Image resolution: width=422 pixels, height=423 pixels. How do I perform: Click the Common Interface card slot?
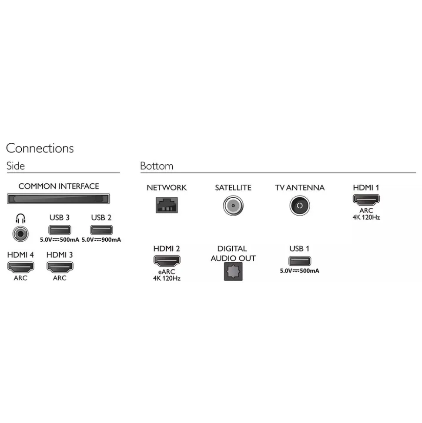click(58, 199)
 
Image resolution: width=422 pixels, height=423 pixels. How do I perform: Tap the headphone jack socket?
click(20, 233)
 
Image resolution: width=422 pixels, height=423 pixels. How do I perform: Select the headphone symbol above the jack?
click(20, 218)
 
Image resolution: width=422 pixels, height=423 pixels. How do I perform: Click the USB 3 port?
click(60, 230)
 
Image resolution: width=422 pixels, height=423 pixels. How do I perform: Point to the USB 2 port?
click(101, 230)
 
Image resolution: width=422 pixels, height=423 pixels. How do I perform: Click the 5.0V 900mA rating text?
click(101, 240)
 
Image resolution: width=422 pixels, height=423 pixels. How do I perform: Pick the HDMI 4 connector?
click(20, 267)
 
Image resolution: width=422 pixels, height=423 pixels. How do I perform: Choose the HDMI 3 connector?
click(60, 267)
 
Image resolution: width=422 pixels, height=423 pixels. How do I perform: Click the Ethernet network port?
click(167, 205)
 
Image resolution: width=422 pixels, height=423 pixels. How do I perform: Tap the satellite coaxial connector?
click(233, 206)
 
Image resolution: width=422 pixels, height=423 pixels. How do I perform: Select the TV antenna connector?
click(300, 206)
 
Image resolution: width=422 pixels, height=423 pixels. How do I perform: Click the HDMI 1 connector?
click(366, 200)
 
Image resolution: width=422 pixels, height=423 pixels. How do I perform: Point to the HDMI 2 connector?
click(167, 261)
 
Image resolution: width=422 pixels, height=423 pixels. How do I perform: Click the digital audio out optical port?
click(233, 271)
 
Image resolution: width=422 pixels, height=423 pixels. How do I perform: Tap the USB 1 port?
click(300, 261)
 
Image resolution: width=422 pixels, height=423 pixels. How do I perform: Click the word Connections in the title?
click(40, 148)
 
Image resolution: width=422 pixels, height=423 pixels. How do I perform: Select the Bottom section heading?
click(157, 166)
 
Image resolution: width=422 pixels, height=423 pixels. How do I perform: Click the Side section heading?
click(16, 166)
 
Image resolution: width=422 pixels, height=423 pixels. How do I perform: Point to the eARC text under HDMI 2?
click(167, 272)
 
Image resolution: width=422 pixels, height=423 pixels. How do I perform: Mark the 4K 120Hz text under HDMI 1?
click(366, 217)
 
